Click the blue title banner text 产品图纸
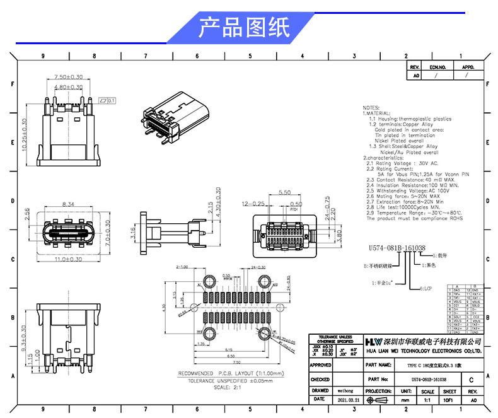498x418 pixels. coord(244,28)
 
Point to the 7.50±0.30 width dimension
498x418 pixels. coord(68,77)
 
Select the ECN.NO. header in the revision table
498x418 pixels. coord(437,67)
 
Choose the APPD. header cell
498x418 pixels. coord(468,67)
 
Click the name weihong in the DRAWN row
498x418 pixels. coord(346,391)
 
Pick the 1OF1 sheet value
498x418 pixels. coord(449,400)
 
